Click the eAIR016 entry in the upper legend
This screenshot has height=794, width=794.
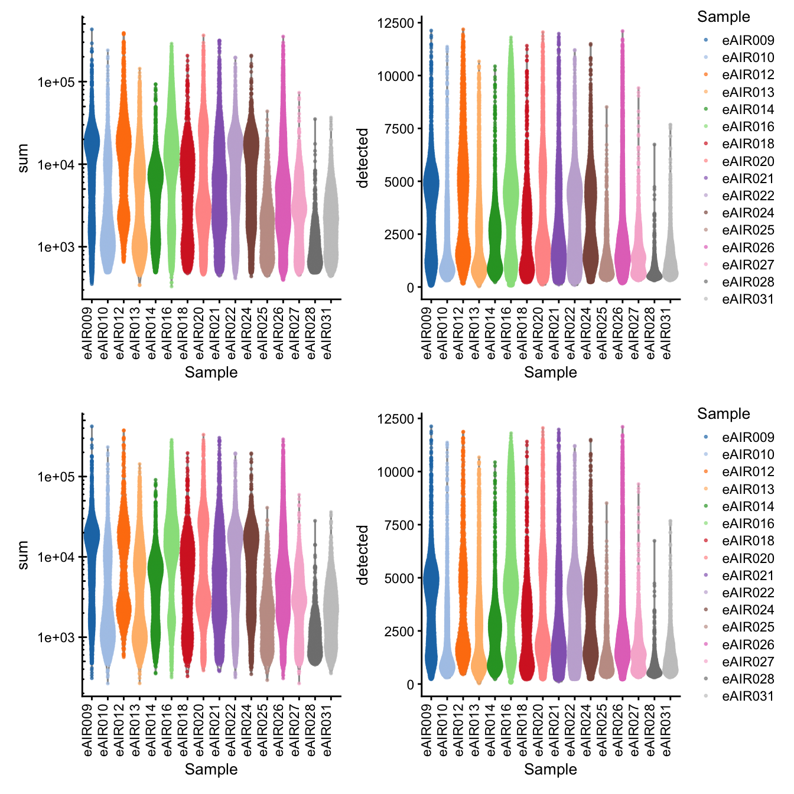pyautogui.click(x=747, y=126)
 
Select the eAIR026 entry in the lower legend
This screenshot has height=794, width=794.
pyautogui.click(x=747, y=645)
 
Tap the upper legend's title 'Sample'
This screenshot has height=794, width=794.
pyautogui.click(x=723, y=17)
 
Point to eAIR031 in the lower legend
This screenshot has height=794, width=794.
pyautogui.click(x=747, y=697)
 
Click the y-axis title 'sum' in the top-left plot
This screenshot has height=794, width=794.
pyautogui.click(x=23, y=158)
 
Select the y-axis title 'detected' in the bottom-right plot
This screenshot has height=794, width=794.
pyautogui.click(x=363, y=555)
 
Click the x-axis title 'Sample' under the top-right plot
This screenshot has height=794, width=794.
pyautogui.click(x=550, y=372)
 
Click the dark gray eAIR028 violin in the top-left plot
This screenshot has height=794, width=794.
pyautogui.click(x=315, y=254)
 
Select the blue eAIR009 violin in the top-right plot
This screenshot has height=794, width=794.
pyautogui.click(x=431, y=195)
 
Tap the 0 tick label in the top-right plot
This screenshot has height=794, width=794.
pyautogui.click(x=410, y=288)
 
